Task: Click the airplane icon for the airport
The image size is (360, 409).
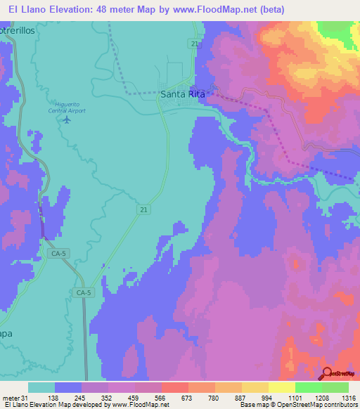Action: pos(67,119)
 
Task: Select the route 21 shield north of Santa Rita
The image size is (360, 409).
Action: pos(193,44)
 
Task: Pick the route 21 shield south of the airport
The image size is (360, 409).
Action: pos(142,209)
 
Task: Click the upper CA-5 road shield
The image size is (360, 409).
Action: pos(58,252)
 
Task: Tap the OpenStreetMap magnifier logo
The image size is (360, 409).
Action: pos(328,373)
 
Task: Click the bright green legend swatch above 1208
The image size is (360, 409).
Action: pos(309,387)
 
